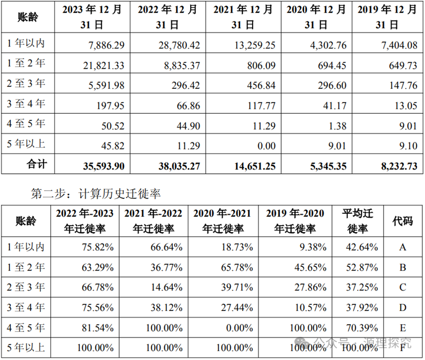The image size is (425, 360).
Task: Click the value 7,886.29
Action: pyautogui.click(x=107, y=45)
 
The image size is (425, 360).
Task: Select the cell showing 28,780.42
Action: pyautogui.click(x=179, y=45)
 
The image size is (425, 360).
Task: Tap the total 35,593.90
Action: pyautogui.click(x=104, y=166)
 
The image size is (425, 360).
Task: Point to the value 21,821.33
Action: pyautogui.click(x=104, y=65)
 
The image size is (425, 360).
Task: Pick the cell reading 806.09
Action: pyautogui.click(x=261, y=65)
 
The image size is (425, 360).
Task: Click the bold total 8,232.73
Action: pyautogui.click(x=399, y=166)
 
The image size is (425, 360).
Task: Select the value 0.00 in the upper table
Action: pyautogui.click(x=267, y=146)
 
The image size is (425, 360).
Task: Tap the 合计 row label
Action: pyautogui.click(x=36, y=164)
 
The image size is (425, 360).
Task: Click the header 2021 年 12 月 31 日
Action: pyautogui.click(x=243, y=17)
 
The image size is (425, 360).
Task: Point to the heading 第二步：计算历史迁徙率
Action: pyautogui.click(x=96, y=194)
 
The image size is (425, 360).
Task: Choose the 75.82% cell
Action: pyautogui.click(x=98, y=248)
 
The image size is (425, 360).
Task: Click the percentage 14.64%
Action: pyautogui.click(x=167, y=287)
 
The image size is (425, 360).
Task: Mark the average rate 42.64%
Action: pyautogui.click(x=362, y=248)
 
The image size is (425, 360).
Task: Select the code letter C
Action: pyautogui.click(x=403, y=287)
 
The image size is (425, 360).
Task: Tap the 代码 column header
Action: pyautogui.click(x=403, y=222)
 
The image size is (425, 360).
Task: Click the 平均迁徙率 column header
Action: pyautogui.click(x=358, y=221)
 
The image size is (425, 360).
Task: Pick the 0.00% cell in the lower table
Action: pyautogui.click(x=240, y=328)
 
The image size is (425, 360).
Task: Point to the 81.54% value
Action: pyautogui.click(x=98, y=328)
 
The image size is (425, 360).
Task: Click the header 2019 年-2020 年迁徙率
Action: pyautogui.click(x=295, y=221)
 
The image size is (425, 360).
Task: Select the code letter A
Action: pyautogui.click(x=403, y=248)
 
